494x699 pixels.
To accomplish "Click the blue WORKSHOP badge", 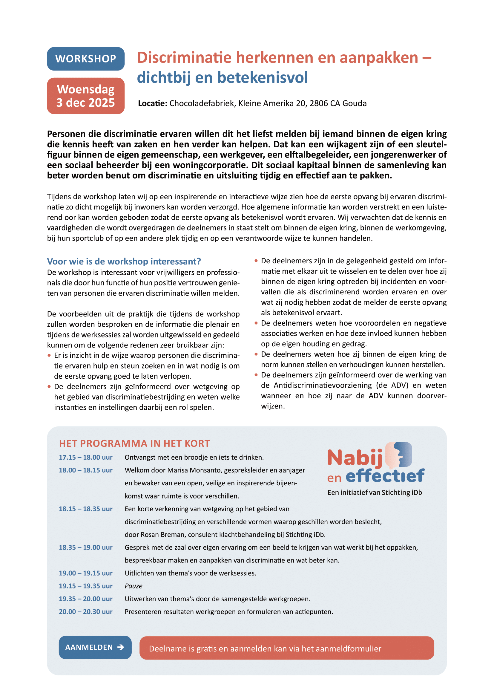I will (x=85, y=59).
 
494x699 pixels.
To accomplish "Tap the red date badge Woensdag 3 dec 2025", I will (x=85, y=96).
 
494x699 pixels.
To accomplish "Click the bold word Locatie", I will (x=152, y=103).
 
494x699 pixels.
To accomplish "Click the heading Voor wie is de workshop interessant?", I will (x=124, y=261).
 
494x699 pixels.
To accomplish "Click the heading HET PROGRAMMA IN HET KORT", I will (x=134, y=443).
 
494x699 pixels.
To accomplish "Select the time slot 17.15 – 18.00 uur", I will (x=85, y=457).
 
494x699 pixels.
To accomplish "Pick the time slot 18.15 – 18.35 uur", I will (x=85, y=509).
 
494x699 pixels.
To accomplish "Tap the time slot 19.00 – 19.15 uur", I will (x=85, y=573).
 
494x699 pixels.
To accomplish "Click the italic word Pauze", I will (x=133, y=586).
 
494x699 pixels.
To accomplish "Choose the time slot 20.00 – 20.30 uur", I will (x=85, y=612).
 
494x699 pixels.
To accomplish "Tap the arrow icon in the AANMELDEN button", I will (x=121, y=647).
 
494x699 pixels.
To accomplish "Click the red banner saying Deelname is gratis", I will (x=286, y=648).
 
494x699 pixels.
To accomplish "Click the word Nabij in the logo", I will (x=355, y=458).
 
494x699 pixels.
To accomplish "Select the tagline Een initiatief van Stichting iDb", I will (x=375, y=492).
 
